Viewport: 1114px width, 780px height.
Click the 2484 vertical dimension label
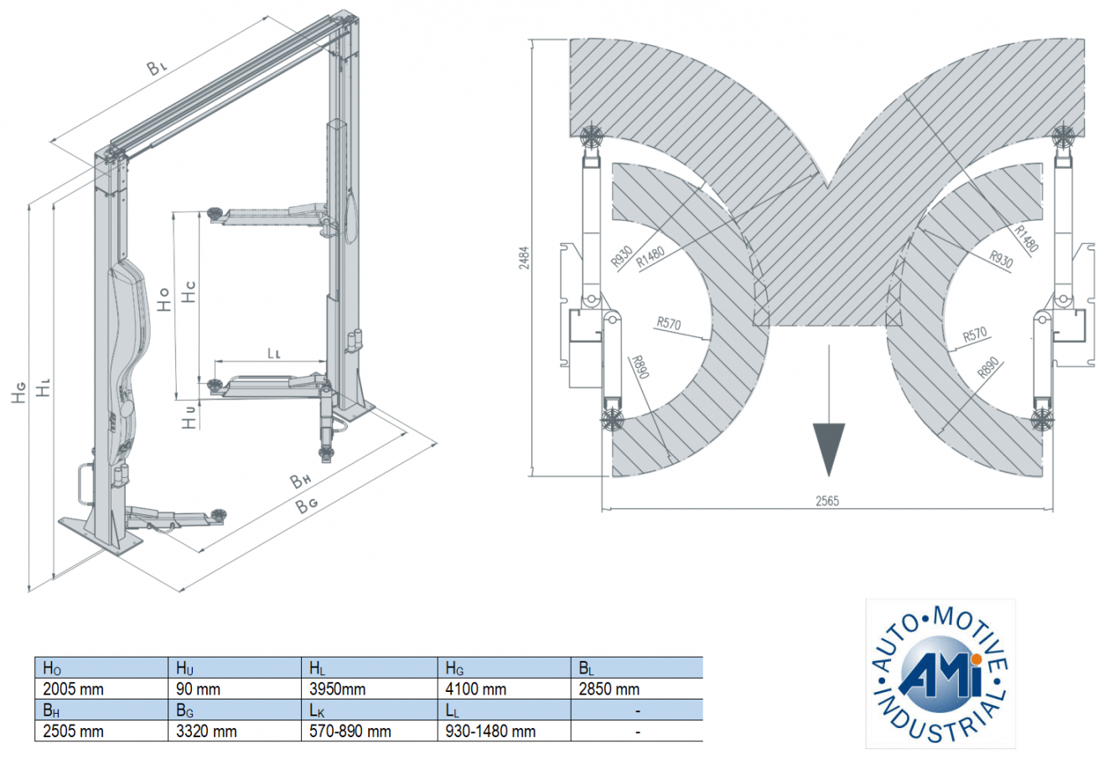(x=524, y=257)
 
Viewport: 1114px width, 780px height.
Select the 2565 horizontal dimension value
(x=826, y=501)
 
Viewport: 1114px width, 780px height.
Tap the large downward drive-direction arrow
(x=828, y=449)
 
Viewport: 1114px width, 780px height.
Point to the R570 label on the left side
(x=668, y=324)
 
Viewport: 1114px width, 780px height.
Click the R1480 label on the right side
(x=1026, y=238)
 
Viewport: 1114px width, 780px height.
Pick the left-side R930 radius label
(x=621, y=257)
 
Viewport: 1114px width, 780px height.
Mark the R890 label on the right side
(x=988, y=367)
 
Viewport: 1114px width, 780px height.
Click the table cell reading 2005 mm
(x=74, y=689)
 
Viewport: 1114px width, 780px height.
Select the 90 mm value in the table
(x=199, y=689)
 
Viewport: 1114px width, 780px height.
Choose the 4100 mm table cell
(x=475, y=689)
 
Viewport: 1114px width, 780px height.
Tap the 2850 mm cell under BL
(x=609, y=689)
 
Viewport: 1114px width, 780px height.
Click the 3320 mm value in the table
(x=206, y=731)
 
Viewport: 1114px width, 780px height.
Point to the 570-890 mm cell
(x=350, y=731)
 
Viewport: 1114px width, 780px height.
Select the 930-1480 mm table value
(x=490, y=731)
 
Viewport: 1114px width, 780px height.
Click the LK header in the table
(x=317, y=711)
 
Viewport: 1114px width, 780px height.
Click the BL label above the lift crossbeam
(x=158, y=68)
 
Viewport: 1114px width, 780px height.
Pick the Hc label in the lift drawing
(x=189, y=292)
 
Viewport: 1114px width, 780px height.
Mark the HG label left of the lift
(x=18, y=392)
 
